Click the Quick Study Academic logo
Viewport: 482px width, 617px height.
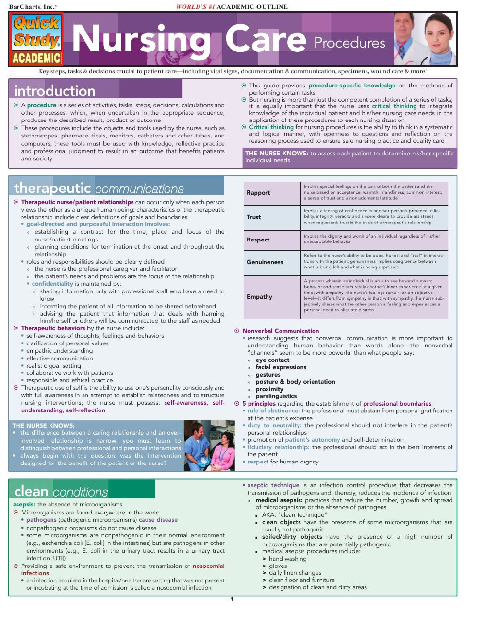(36, 39)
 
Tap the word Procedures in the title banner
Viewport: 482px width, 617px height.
(349, 43)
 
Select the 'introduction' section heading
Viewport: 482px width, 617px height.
(55, 91)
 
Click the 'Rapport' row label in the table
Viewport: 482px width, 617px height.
(258, 193)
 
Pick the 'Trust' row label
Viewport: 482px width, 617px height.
(253, 217)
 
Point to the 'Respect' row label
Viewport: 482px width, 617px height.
(258, 240)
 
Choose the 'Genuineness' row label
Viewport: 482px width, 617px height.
(265, 262)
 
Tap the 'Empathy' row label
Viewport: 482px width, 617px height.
(259, 297)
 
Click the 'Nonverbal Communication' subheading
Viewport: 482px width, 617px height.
(281, 331)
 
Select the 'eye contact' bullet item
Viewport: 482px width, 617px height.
(272, 360)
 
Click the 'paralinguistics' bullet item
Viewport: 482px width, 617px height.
(276, 396)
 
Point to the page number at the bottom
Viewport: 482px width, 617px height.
(232, 599)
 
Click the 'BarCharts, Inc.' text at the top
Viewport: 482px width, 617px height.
(32, 7)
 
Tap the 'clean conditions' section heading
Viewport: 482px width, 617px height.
(61, 492)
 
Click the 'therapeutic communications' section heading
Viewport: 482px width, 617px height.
(99, 189)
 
